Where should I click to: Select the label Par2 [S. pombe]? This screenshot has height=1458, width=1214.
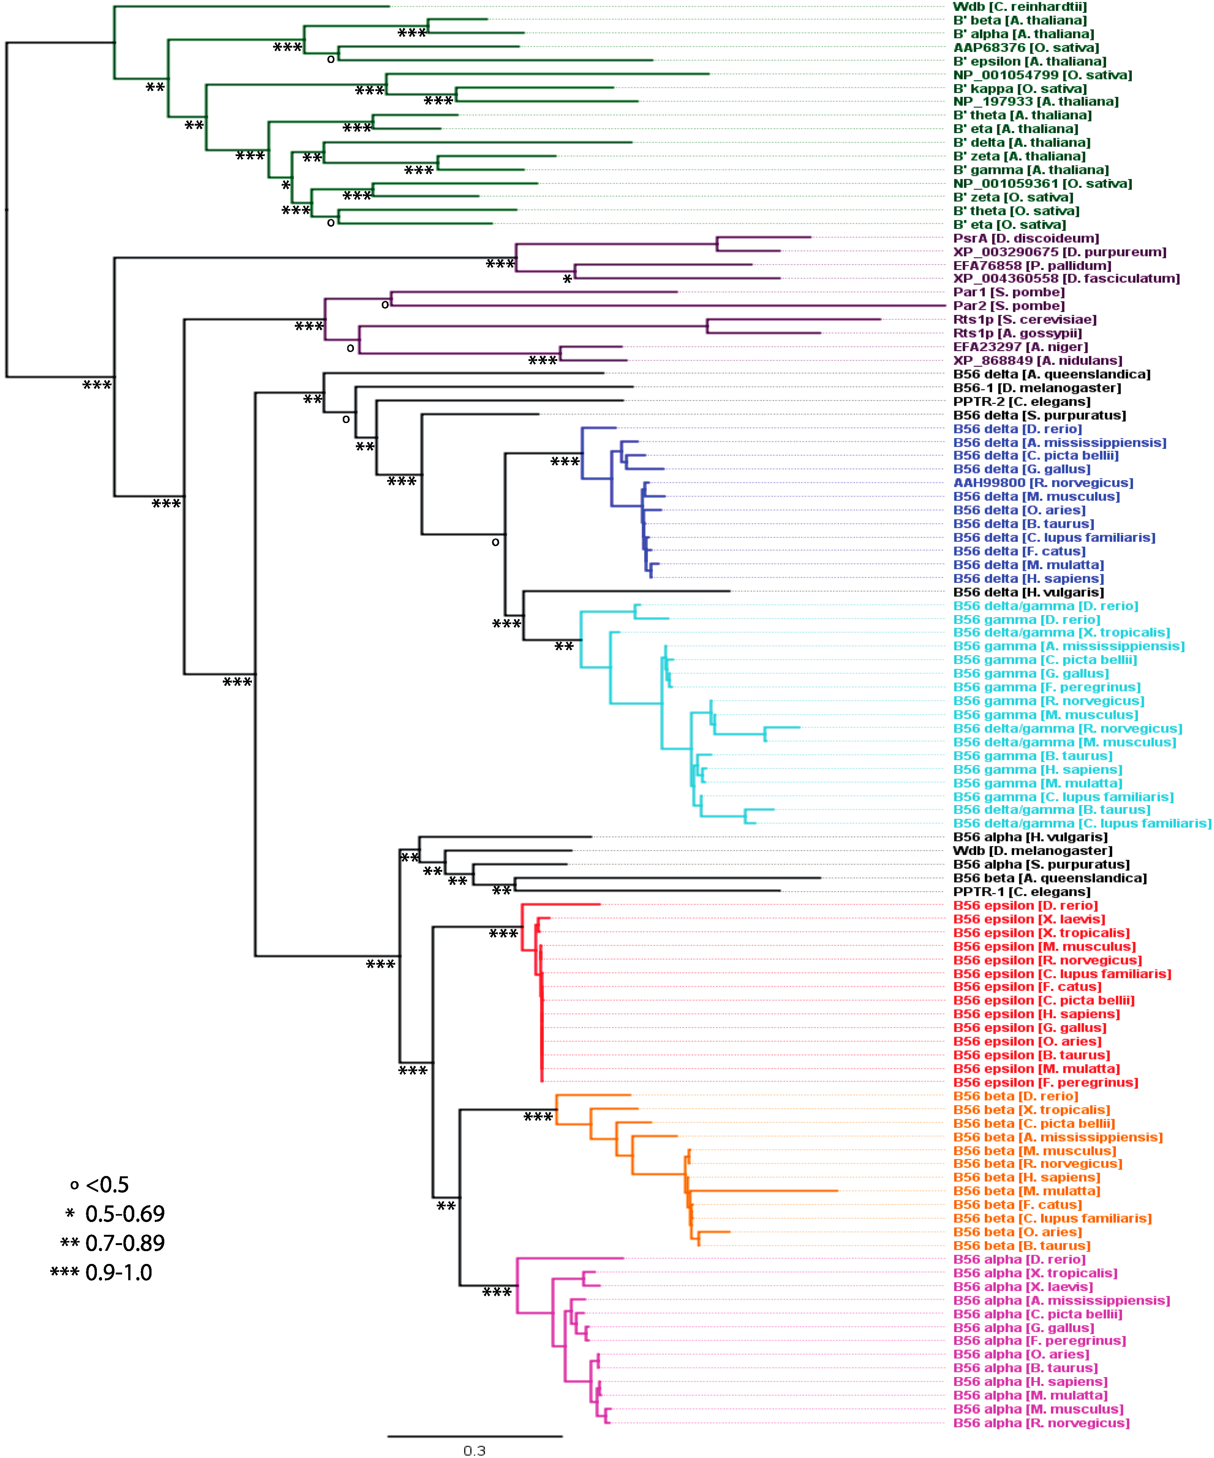(1008, 306)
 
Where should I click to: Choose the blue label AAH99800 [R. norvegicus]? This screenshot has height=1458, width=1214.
(1043, 483)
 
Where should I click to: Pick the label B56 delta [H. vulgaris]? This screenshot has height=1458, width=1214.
(1028, 592)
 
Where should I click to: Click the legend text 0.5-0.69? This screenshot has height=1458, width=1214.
(125, 1214)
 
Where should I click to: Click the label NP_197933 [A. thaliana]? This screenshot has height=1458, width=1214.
(1036, 102)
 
